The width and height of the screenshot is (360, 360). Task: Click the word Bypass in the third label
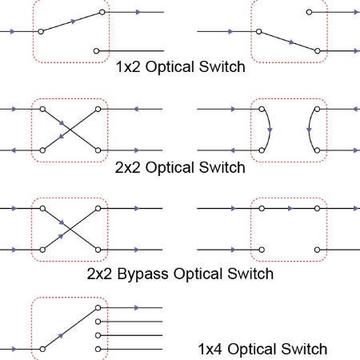click(142, 274)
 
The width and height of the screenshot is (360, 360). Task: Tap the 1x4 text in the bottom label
click(210, 349)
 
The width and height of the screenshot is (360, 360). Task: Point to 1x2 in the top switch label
click(128, 66)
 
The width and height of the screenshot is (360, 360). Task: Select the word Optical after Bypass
click(198, 274)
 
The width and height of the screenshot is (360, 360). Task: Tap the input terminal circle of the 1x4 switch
click(42, 349)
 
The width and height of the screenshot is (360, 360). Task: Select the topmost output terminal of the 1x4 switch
click(98, 308)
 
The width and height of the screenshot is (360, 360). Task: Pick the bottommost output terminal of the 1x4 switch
click(98, 349)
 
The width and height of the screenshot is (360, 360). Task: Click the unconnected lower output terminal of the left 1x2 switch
click(97, 50)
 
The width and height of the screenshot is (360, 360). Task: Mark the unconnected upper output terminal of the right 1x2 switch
click(309, 12)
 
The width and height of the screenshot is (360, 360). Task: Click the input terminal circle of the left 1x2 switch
click(41, 31)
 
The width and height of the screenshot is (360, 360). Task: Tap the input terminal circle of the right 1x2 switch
click(258, 31)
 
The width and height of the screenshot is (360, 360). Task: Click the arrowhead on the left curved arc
click(270, 130)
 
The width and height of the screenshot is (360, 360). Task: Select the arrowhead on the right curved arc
click(309, 130)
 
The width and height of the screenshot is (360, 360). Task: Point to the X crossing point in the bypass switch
click(70, 229)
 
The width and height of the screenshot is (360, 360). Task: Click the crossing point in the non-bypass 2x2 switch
click(70, 130)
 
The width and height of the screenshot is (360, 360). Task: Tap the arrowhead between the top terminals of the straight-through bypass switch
click(290, 209)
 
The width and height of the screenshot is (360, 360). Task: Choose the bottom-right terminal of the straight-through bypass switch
click(317, 250)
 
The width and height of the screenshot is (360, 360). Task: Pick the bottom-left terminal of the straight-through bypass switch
click(262, 250)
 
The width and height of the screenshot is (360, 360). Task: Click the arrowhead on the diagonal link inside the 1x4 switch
click(61, 335)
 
